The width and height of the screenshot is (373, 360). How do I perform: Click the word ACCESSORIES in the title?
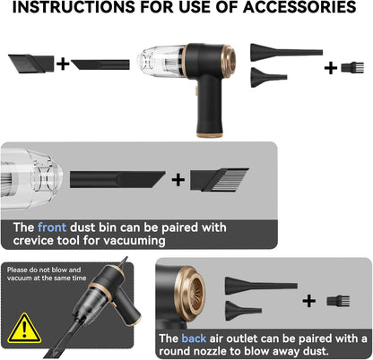click(299, 6)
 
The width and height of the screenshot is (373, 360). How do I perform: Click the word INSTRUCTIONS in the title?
click(74, 6)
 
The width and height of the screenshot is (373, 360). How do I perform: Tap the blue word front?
click(52, 227)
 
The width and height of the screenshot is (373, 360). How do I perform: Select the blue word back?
click(194, 339)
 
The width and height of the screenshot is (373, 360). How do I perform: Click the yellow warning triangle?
click(24, 329)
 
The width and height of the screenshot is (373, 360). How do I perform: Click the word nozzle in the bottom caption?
click(210, 351)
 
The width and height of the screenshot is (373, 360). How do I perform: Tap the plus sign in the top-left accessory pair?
click(63, 64)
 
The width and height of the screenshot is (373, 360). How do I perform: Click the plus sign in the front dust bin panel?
click(178, 180)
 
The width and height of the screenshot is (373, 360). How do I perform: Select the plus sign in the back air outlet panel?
click(309, 301)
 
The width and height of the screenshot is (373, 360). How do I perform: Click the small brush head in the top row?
click(352, 67)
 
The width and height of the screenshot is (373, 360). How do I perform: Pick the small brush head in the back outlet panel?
click(338, 301)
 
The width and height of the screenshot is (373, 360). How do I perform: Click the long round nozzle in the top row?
click(286, 52)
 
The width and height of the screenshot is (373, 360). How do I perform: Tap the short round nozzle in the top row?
click(268, 77)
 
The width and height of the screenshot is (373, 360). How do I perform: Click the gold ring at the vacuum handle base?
click(210, 135)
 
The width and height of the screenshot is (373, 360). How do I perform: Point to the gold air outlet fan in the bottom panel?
click(191, 294)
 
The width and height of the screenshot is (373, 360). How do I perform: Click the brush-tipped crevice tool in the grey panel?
click(220, 179)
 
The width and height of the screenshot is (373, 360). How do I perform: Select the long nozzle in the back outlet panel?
click(261, 285)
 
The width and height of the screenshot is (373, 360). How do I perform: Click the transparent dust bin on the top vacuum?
click(161, 62)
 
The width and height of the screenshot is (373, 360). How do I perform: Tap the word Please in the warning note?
click(18, 270)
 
